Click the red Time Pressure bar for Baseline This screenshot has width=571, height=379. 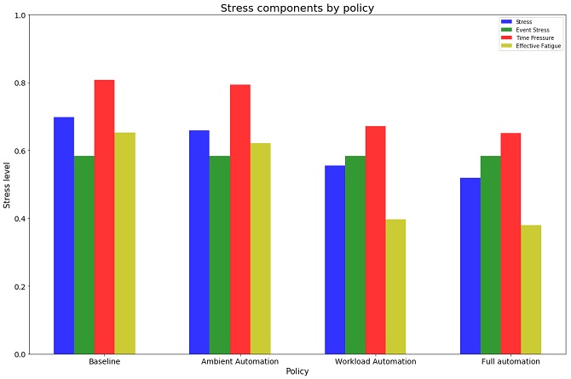coord(105,217)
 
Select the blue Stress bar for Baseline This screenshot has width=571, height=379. coord(64,236)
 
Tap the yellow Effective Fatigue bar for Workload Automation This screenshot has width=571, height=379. coord(395,286)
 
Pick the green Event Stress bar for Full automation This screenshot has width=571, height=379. coord(491,255)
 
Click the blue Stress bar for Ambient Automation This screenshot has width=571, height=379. coord(199,242)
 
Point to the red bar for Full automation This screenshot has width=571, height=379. coord(510,244)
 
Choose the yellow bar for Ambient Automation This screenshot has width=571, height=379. coord(261,249)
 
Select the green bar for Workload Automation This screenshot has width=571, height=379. coord(355,255)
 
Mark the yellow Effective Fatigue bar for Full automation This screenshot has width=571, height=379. coord(531,290)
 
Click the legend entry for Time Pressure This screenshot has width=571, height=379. coord(528,37)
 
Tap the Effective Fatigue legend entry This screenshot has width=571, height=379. coord(531,46)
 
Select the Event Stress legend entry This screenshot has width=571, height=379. coord(525,30)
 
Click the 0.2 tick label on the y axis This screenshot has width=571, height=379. coord(20,286)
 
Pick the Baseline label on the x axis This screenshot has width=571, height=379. coord(105,361)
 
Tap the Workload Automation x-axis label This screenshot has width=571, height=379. coord(376,361)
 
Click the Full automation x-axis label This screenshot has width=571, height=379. coord(510,361)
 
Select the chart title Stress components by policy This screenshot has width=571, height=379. coord(297,8)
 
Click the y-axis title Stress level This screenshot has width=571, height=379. coord(6,186)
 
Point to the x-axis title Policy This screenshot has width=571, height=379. coord(297,371)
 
